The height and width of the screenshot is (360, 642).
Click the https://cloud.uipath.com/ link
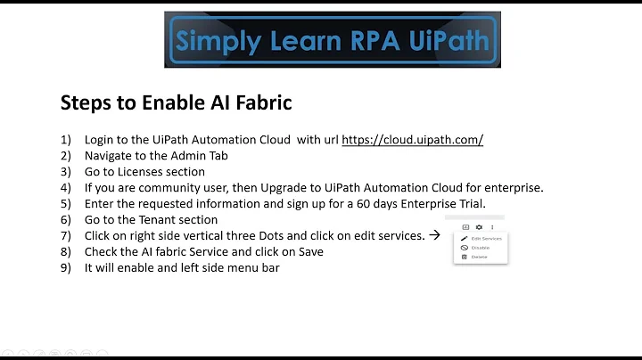tap(412, 140)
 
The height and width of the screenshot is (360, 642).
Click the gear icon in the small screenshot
tap(478, 227)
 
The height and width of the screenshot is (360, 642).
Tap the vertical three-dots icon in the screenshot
tap(492, 227)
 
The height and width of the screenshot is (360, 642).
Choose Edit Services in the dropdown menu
tap(486, 239)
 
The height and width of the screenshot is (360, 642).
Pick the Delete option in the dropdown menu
tap(480, 257)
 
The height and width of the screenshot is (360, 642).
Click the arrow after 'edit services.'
tap(435, 235)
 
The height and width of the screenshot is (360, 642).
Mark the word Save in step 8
tap(309, 252)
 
